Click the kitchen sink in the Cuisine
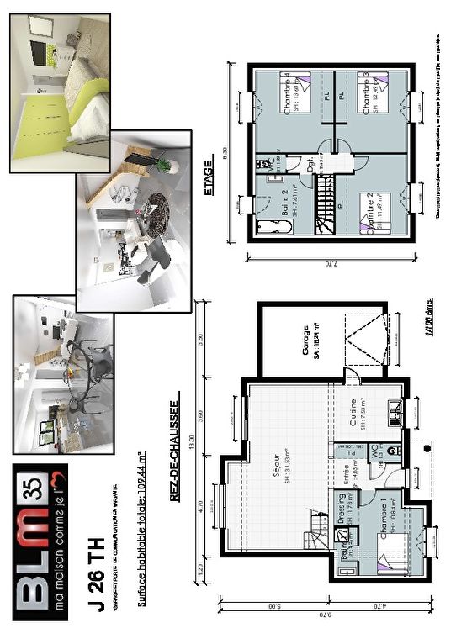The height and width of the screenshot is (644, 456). (394, 412)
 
